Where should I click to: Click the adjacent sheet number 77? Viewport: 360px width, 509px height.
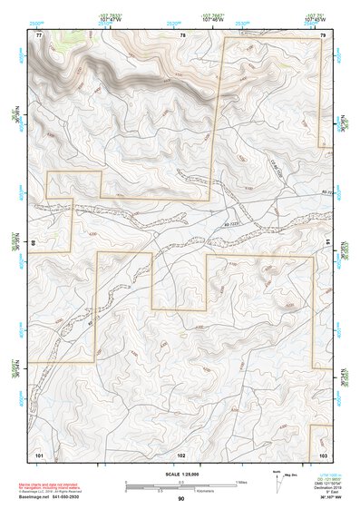(39, 34)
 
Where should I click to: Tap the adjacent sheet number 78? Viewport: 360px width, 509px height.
(182, 34)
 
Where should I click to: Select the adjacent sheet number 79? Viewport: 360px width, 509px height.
(323, 34)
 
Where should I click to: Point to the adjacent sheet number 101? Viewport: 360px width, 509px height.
(39, 454)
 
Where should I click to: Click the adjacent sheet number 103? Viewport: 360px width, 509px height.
(322, 454)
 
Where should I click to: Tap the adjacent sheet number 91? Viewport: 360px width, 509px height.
(326, 243)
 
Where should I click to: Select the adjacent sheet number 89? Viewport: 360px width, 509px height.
(34, 243)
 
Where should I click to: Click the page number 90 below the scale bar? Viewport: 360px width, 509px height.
(181, 499)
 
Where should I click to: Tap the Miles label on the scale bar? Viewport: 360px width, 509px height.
(240, 482)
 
